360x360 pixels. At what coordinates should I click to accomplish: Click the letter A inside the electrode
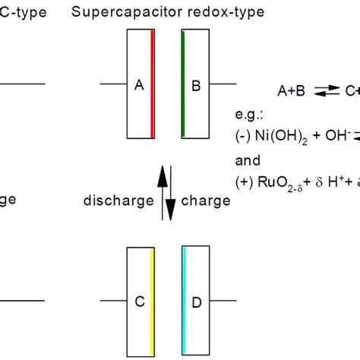(139, 86)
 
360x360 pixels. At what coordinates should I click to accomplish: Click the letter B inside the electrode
(195, 86)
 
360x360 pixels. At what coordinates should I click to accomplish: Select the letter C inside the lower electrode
(139, 302)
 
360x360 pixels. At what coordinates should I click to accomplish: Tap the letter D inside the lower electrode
(196, 303)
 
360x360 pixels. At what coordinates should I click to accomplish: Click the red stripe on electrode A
(153, 84)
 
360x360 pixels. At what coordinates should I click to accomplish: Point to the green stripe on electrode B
(183, 84)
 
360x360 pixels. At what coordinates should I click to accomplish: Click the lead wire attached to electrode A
(112, 84)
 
